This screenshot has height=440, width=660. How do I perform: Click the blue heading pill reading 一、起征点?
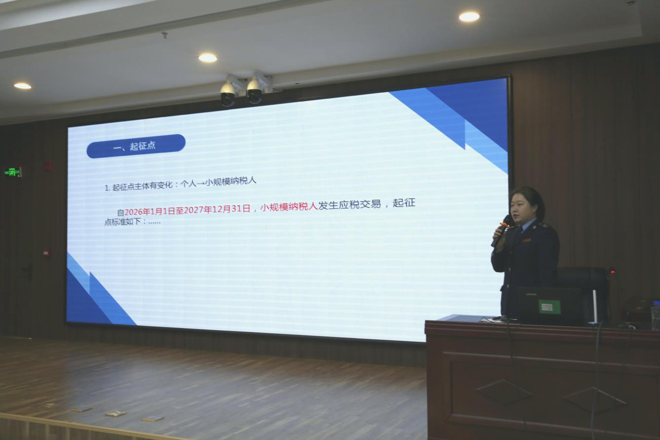click(136, 146)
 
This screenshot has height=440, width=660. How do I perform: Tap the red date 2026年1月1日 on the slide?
click(150, 211)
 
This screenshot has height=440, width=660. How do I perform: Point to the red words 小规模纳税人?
click(289, 206)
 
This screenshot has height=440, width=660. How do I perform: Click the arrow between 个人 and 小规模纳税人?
click(200, 183)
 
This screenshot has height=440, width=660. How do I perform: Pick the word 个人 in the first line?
click(188, 183)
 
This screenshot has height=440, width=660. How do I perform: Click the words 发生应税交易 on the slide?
click(349, 204)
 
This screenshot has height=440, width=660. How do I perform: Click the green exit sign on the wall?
click(13, 172)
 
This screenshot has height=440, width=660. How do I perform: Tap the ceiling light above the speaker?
click(469, 17)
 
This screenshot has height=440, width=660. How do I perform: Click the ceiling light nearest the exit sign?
click(22, 86)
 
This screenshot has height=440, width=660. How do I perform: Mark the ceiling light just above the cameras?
click(208, 58)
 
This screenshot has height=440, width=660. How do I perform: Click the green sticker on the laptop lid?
click(550, 307)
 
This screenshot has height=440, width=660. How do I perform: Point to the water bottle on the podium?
click(656, 315)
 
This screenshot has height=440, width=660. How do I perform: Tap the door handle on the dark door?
click(28, 271)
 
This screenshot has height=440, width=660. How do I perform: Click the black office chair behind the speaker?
click(584, 292)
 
